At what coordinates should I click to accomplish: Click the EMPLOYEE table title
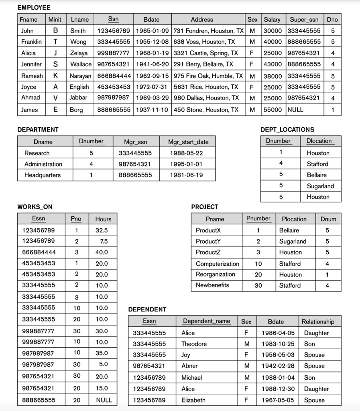tap(34, 8)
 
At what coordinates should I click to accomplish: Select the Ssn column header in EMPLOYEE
tap(113, 19)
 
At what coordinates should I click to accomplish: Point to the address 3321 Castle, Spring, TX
tap(206, 53)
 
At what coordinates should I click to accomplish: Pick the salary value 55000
tap(272, 110)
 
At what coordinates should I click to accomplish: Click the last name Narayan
tap(80, 76)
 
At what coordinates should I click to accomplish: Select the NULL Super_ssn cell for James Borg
tap(295, 110)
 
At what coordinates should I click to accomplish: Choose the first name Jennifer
tap(31, 64)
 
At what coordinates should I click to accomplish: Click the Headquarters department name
tap(43, 175)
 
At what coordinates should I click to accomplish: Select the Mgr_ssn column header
tap(136, 142)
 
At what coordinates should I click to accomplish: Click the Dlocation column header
tap(319, 141)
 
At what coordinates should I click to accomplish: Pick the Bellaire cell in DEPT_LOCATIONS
tap(317, 175)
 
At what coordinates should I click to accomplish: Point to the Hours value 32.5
tap(102, 230)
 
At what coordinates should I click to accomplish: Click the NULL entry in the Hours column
tap(104, 400)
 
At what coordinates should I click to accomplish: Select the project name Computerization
tap(217, 264)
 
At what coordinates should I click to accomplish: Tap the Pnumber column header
tap(258, 218)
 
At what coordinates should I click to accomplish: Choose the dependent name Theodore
tap(194, 344)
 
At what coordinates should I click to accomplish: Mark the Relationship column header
tap(318, 321)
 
